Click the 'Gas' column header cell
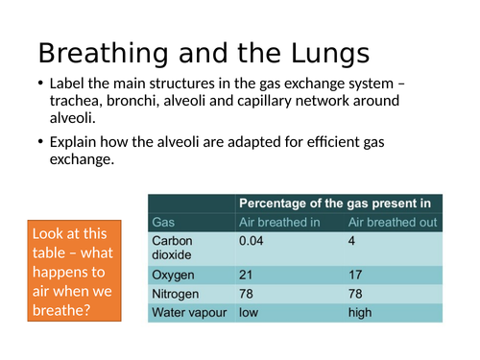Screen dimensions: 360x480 pyautogui.click(x=164, y=223)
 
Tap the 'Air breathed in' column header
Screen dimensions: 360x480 pyautogui.click(x=278, y=223)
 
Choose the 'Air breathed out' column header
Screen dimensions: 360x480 pyautogui.click(x=392, y=223)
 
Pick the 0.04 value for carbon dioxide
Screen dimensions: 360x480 pyautogui.click(x=252, y=240)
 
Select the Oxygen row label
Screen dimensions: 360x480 pyautogui.click(x=174, y=275)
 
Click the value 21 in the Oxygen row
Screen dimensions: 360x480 pyautogui.click(x=246, y=275)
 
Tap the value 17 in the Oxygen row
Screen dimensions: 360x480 pyautogui.click(x=355, y=275)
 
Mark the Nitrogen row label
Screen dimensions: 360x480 pyautogui.click(x=176, y=293)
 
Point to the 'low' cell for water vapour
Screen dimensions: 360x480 pyautogui.click(x=249, y=312)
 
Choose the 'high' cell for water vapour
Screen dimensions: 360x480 pyautogui.click(x=361, y=312)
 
